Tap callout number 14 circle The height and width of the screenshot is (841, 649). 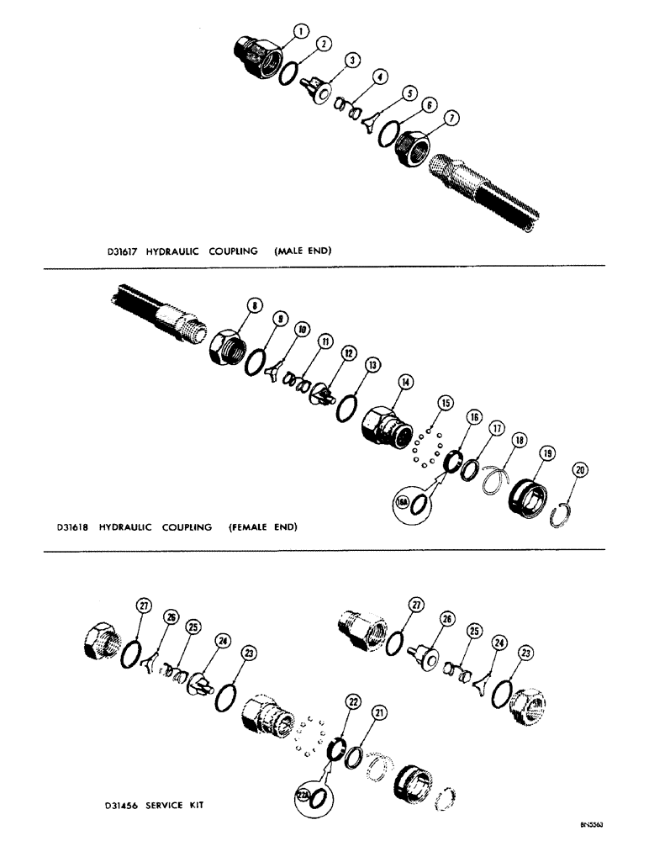coord(407,382)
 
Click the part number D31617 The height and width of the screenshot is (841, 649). coord(112,251)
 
